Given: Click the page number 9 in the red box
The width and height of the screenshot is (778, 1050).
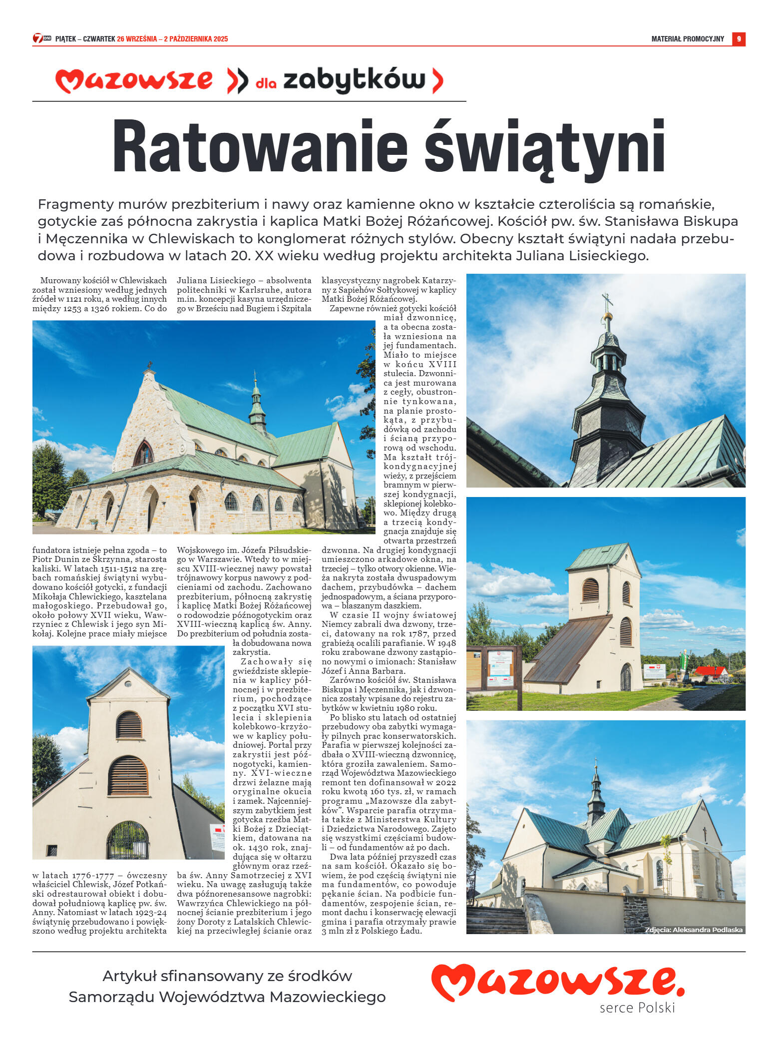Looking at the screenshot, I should [739, 39].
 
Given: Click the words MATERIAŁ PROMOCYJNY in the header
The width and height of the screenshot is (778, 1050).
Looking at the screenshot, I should [687, 39].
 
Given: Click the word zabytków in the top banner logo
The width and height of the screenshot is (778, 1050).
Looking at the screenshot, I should [354, 80].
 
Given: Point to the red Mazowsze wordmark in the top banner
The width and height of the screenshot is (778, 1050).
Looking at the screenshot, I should [134, 80].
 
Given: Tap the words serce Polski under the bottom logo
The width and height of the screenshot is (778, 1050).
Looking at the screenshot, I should [637, 1008].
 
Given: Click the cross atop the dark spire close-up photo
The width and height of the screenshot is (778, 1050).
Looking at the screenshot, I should [607, 301].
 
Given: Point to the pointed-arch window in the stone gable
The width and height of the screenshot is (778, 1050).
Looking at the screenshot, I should [144, 453].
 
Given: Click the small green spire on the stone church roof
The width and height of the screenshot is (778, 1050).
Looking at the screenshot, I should [257, 402].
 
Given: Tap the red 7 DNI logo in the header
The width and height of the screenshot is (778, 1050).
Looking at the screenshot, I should [42, 38].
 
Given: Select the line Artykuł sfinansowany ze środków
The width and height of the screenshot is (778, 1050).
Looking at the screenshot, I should [227, 976].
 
